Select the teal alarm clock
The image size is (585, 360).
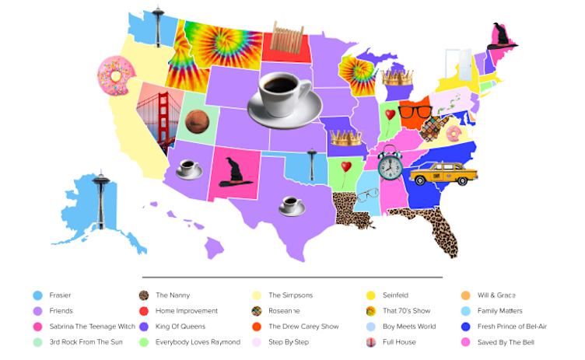(x=390, y=163)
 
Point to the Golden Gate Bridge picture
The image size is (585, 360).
(x=159, y=124)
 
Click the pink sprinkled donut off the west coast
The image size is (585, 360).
(x=116, y=75)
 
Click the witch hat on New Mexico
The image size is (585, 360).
(x=234, y=172)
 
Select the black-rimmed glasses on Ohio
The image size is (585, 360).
(x=415, y=111)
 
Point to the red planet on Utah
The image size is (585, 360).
(x=196, y=121)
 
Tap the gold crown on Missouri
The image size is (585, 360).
(x=346, y=138)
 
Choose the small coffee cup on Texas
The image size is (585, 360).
(x=291, y=206)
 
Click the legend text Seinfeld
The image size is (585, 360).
(x=398, y=295)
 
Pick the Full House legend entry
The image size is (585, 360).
(x=398, y=342)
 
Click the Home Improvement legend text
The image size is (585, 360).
(x=185, y=311)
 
